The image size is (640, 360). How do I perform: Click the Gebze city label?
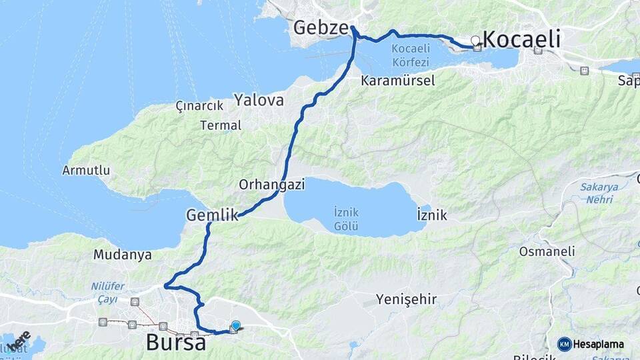click(x=321, y=28)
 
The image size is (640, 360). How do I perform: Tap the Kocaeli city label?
click(x=521, y=39)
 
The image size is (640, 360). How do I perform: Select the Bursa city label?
click(x=175, y=343)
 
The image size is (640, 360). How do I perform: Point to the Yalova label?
click(x=259, y=101)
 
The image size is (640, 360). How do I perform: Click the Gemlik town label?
click(x=212, y=215)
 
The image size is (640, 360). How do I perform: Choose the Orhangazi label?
click(x=271, y=185)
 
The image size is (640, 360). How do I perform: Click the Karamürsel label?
click(x=397, y=81)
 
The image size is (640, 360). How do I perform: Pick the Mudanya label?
click(x=122, y=255)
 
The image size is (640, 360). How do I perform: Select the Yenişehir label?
click(x=406, y=299)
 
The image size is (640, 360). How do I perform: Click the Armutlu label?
click(x=86, y=170)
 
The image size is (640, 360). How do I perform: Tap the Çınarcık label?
click(x=198, y=106)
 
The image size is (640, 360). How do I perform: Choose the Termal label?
click(x=221, y=125)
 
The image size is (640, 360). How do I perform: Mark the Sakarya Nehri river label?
click(x=599, y=193)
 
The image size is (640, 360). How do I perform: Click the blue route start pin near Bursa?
click(x=235, y=325)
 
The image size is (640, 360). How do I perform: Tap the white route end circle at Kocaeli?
click(x=475, y=41)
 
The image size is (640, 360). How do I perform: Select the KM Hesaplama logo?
click(x=591, y=344)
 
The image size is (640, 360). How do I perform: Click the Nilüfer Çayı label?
click(x=107, y=292)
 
